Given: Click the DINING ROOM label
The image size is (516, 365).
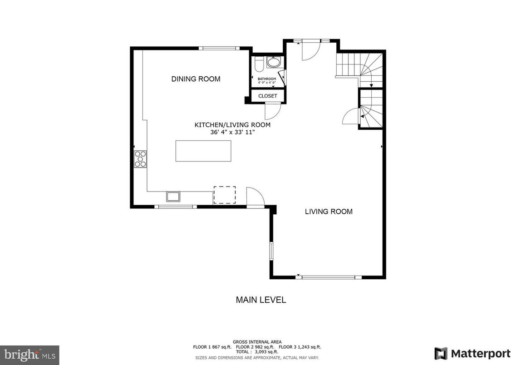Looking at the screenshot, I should click(x=196, y=79).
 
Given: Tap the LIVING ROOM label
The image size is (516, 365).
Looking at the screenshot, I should click(x=329, y=212).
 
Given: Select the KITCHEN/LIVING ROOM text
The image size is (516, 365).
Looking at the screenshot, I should click(x=232, y=125).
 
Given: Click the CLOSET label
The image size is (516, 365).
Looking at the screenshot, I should click(x=268, y=96).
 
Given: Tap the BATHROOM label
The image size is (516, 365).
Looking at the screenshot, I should click(x=267, y=79).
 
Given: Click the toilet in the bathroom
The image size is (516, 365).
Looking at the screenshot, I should click(x=258, y=64).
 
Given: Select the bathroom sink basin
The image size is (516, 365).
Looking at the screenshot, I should click(x=273, y=63).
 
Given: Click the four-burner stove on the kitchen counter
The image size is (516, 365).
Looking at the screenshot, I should click(x=140, y=159).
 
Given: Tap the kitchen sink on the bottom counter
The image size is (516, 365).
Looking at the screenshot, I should click(x=173, y=197).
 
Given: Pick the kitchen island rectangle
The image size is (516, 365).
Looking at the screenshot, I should click(x=203, y=151).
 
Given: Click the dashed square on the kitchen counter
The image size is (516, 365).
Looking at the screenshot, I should click(x=225, y=194).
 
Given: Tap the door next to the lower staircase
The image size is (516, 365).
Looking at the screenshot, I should click(x=350, y=117).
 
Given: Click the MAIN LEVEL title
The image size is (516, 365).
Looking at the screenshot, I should click(x=260, y=300).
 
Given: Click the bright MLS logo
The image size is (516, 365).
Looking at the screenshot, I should click(x=29, y=355).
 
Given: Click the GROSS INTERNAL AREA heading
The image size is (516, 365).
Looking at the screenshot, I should click(x=257, y=342).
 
